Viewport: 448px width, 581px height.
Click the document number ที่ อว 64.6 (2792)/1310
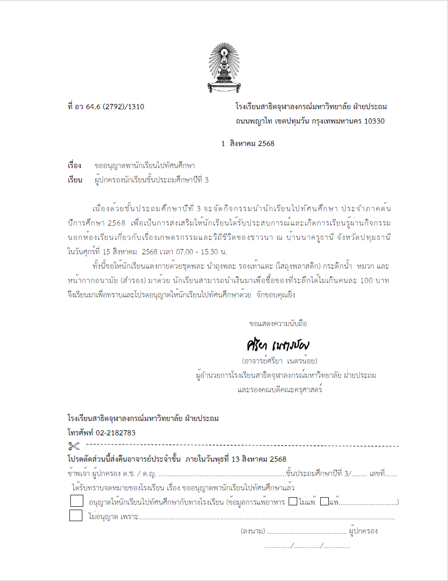[x=106, y=107]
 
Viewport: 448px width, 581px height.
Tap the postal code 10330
[x=374, y=121]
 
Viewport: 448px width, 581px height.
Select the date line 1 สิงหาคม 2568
[x=248, y=144]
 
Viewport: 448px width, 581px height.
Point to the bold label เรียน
[x=75, y=180]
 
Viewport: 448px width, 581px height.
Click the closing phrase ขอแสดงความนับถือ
[x=278, y=324]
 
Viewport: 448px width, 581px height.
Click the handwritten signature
[x=278, y=345]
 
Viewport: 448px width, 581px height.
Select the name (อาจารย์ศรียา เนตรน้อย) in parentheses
[x=280, y=361]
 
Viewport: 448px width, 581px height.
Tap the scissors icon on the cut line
[x=74, y=446]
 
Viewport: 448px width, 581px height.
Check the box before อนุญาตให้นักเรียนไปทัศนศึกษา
[x=76, y=501]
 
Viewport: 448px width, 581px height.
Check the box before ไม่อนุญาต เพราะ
[x=76, y=516]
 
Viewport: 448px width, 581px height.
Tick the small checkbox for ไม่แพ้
[x=293, y=502]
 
